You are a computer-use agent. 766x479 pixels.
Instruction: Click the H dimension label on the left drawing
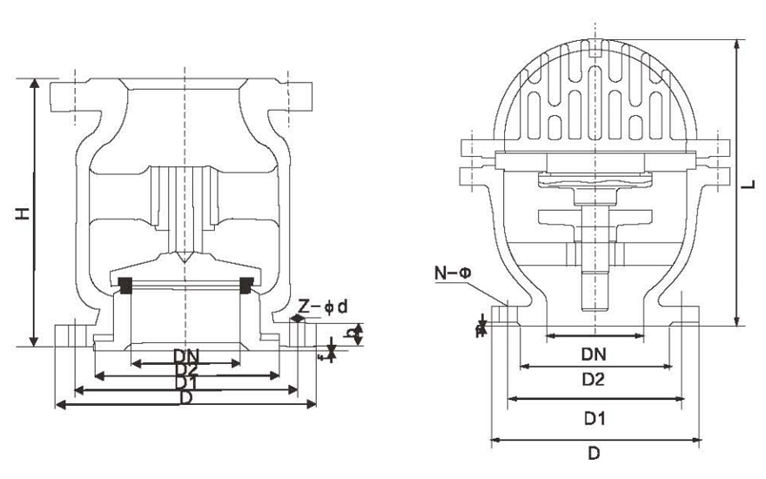pos(19,212)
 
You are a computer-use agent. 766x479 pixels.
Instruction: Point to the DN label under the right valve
pos(594,354)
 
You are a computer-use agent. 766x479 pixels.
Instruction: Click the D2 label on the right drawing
pos(594,380)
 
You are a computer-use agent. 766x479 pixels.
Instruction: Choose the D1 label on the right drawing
pos(594,419)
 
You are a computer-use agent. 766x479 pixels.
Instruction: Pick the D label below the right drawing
pos(594,454)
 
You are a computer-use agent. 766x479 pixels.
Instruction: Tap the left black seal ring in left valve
pos(124,284)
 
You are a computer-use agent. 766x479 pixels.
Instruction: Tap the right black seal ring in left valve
pos(247,284)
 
